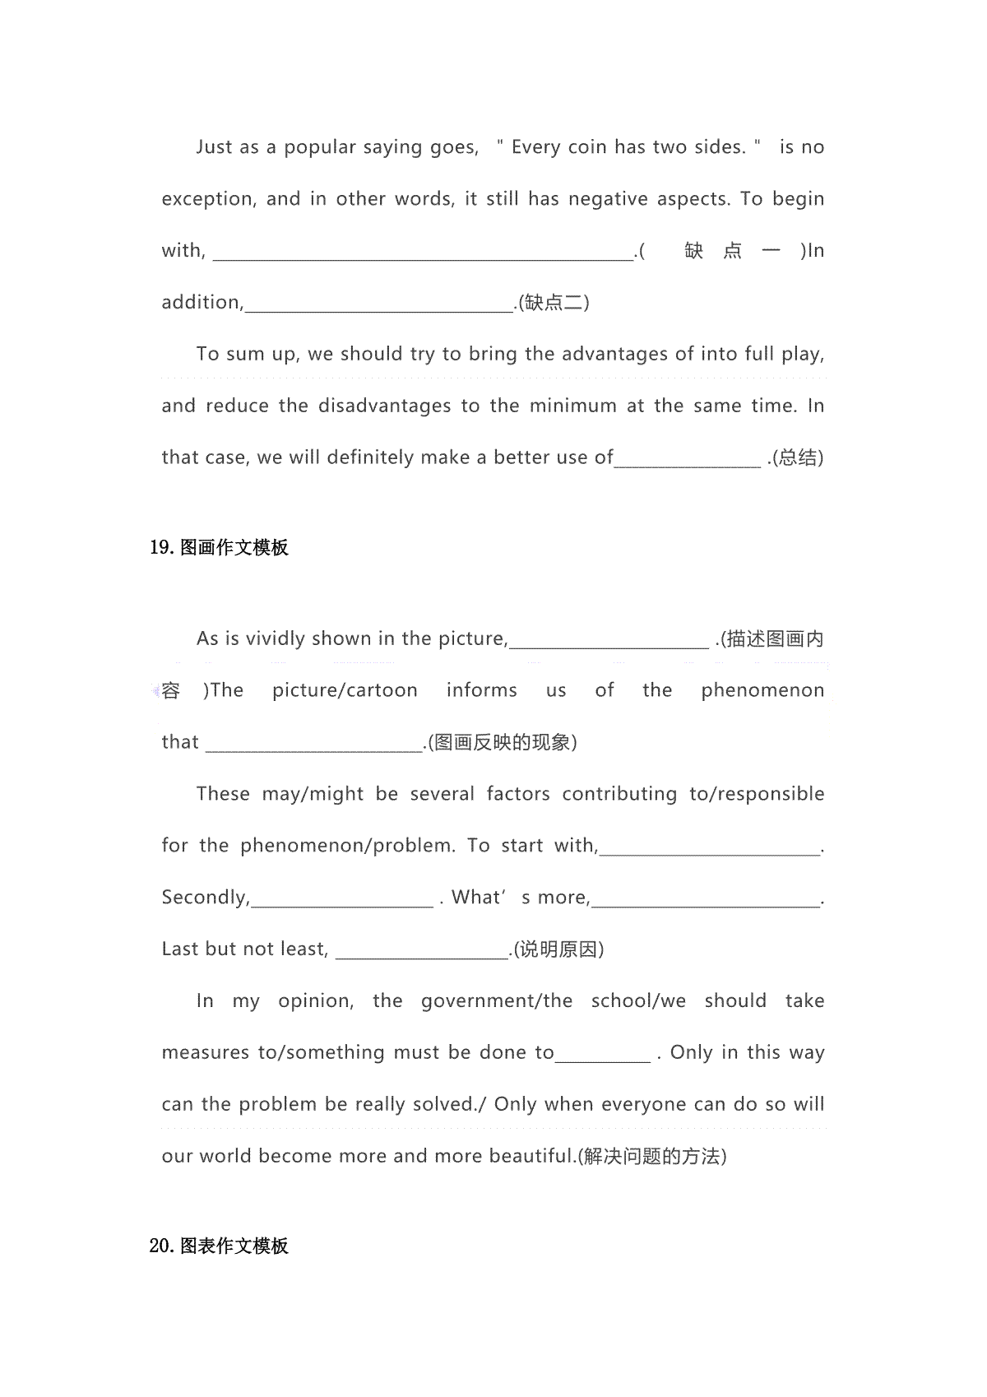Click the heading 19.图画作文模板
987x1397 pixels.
219,548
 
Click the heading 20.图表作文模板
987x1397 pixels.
219,1246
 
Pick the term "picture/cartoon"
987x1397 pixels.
345,690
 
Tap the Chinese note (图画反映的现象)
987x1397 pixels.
503,742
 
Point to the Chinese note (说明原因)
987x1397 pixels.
559,949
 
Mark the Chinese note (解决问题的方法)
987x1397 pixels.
651,1157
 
